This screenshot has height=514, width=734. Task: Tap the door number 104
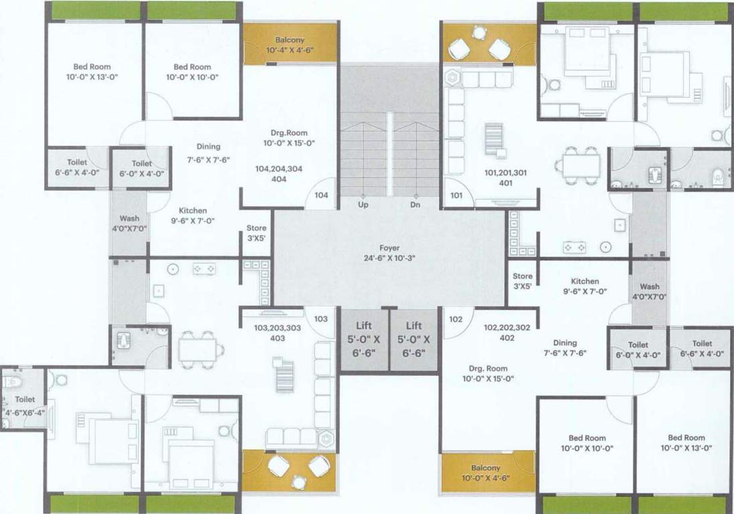pyautogui.click(x=322, y=196)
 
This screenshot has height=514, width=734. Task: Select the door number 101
pyautogui.click(x=456, y=196)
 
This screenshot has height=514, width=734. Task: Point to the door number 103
pyautogui.click(x=321, y=319)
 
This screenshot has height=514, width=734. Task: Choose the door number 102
pyautogui.click(x=456, y=319)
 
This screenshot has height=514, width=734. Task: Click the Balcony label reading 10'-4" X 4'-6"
pyautogui.click(x=290, y=45)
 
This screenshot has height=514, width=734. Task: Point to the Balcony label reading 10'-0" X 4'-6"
pyautogui.click(x=486, y=473)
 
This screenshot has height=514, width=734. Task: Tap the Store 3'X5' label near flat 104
pyautogui.click(x=257, y=232)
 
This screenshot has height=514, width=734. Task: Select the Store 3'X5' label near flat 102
pyautogui.click(x=522, y=280)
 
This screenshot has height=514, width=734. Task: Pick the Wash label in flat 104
pyautogui.click(x=129, y=224)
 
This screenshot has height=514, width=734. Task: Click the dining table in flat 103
pyautogui.click(x=198, y=347)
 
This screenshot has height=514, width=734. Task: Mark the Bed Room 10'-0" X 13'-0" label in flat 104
pyautogui.click(x=92, y=72)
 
